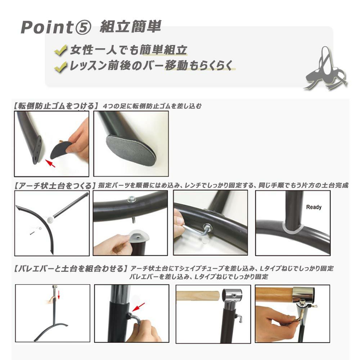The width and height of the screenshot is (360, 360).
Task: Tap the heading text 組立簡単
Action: pos(130,27)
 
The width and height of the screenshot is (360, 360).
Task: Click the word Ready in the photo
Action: pos(314,207)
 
